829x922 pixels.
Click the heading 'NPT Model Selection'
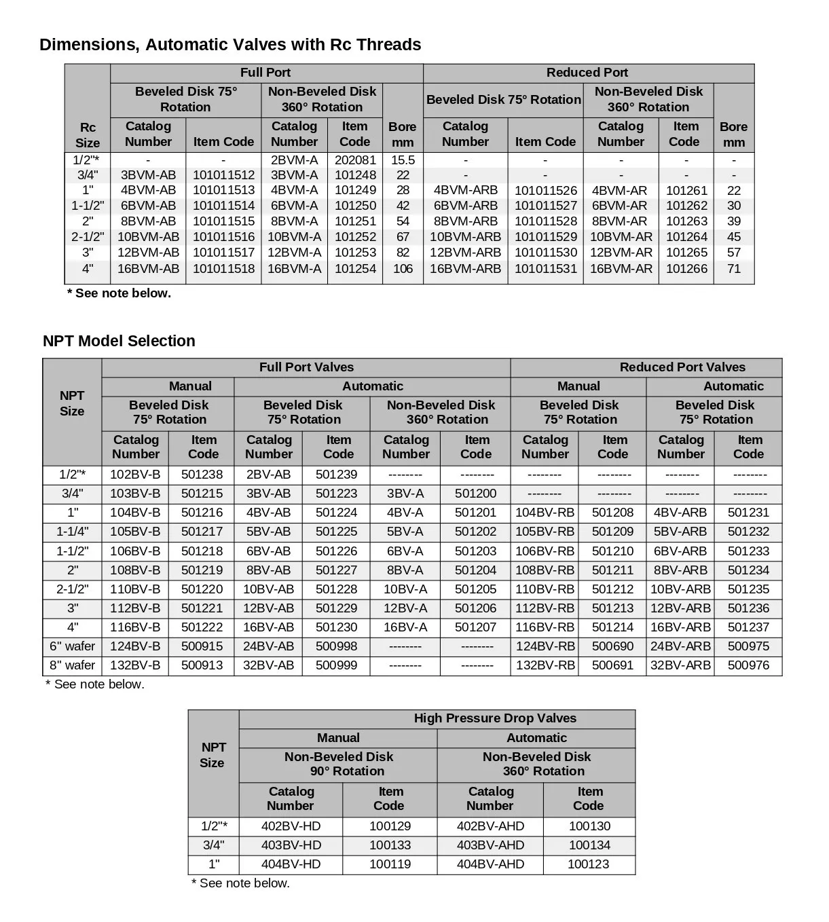click(x=119, y=341)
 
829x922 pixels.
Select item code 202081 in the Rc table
click(x=355, y=160)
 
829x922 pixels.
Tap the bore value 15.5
click(x=403, y=160)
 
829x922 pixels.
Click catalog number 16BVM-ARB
click(x=465, y=269)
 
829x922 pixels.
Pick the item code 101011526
click(x=545, y=191)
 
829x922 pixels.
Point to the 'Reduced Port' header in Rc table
click(x=587, y=73)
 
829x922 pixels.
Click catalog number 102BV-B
click(x=135, y=475)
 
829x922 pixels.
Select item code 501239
click(x=336, y=475)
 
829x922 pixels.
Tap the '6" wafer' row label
click(x=72, y=646)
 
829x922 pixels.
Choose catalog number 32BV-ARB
click(x=680, y=665)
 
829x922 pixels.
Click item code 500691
click(x=612, y=665)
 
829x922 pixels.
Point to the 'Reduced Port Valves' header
click(x=682, y=367)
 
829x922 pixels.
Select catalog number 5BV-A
click(x=405, y=532)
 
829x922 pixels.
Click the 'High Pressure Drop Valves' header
click(x=495, y=718)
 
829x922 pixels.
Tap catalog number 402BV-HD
click(x=291, y=826)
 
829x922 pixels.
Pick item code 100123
click(x=588, y=864)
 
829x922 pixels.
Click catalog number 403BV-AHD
click(x=490, y=845)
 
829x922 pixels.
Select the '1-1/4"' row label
click(x=72, y=532)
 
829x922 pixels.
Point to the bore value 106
click(x=403, y=269)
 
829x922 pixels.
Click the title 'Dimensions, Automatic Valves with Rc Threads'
click(x=230, y=45)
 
